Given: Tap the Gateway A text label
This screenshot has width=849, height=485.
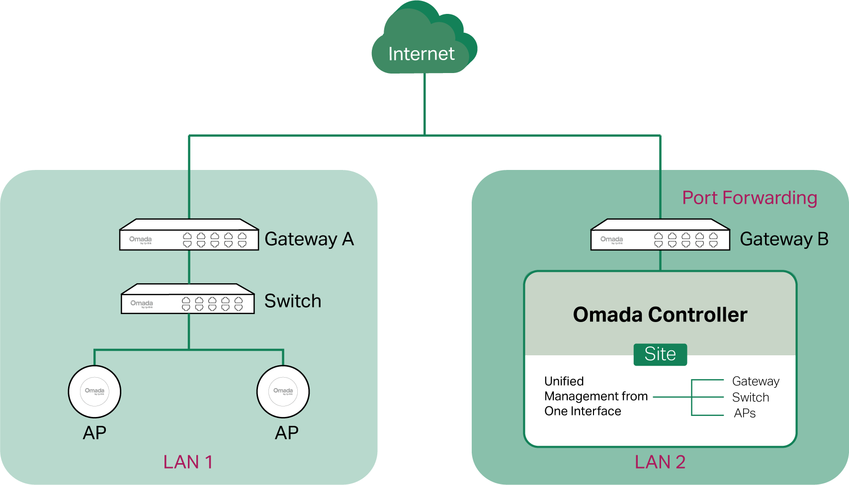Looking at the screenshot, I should tap(309, 239).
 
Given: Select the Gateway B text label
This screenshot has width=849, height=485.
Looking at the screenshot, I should tap(784, 239).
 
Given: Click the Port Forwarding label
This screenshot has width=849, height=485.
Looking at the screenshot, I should tap(750, 198).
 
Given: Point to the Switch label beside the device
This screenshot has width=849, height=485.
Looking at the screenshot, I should tap(292, 301).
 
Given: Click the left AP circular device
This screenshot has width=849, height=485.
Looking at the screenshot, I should tap(94, 392).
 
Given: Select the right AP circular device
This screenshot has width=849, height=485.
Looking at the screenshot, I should tap(283, 392).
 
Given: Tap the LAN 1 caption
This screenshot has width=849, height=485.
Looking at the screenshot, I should tap(188, 462).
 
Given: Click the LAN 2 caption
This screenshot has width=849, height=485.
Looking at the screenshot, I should tap(660, 462).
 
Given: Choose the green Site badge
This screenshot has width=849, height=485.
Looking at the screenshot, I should tap(660, 354).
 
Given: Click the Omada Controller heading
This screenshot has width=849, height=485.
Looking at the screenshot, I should tap(660, 315).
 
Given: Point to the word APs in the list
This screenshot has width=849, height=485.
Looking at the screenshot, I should tap(745, 413).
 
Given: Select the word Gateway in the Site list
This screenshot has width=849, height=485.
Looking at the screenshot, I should tap(756, 381).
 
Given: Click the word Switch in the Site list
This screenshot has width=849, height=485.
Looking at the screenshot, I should tap(751, 398).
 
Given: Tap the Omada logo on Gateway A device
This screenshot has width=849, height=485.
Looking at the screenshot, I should tap(141, 240).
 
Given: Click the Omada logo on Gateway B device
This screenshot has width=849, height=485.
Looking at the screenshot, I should tap(612, 240).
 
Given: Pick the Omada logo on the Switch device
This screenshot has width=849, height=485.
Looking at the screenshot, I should tap(142, 303).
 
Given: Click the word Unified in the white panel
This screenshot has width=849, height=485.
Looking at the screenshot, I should tap(564, 381).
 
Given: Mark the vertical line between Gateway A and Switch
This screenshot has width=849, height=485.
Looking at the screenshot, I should tap(189, 267).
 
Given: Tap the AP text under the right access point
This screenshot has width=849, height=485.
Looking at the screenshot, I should tap(287, 433).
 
